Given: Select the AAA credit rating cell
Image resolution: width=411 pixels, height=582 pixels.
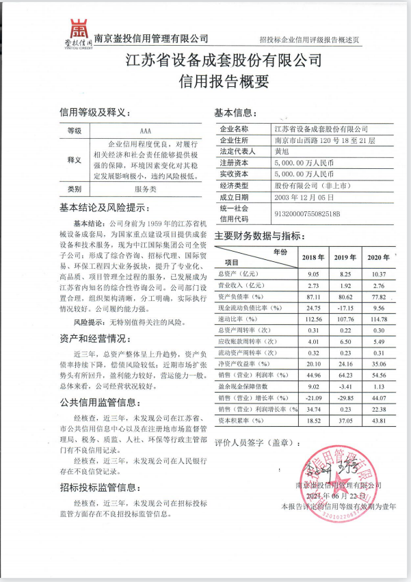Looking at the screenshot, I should (145, 129).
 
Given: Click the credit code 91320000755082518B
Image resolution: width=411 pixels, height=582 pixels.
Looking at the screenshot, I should (307, 213).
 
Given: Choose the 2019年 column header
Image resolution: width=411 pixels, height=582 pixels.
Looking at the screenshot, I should (345, 256).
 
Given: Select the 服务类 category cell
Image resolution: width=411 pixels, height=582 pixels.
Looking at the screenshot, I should (145, 188).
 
